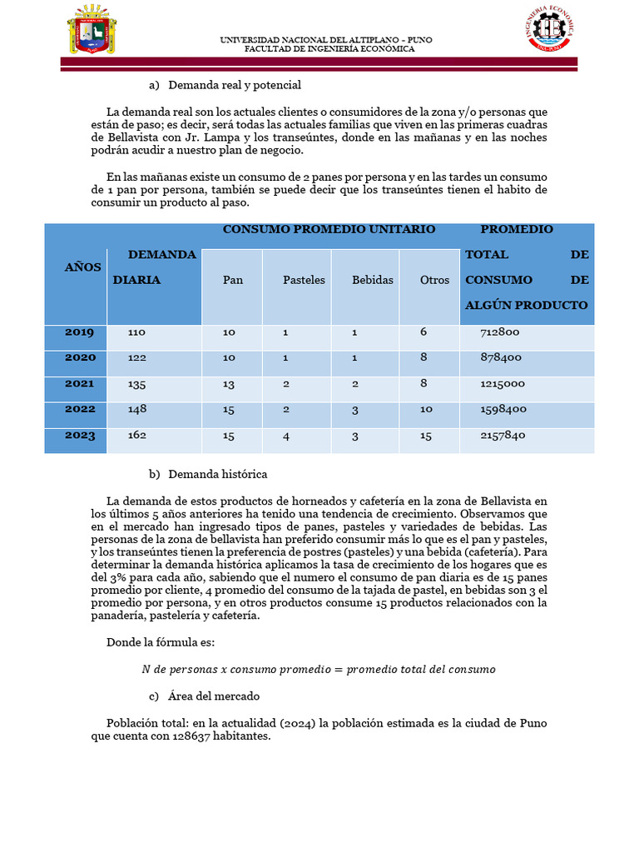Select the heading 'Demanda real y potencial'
[x=234, y=85]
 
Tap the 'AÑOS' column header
[x=83, y=267]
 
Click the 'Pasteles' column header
[x=304, y=280]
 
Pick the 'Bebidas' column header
[x=372, y=280]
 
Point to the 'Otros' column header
[x=434, y=280]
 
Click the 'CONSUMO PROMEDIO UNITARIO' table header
[x=329, y=229]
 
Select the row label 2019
[x=80, y=332]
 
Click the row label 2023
[x=80, y=435]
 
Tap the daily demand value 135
[x=136, y=384]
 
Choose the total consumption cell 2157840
[x=503, y=435]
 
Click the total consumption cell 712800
[x=500, y=332]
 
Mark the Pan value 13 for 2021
[x=229, y=384]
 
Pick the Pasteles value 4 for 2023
[x=285, y=435]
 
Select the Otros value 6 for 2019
[x=424, y=332]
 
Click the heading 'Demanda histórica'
[x=217, y=474]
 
